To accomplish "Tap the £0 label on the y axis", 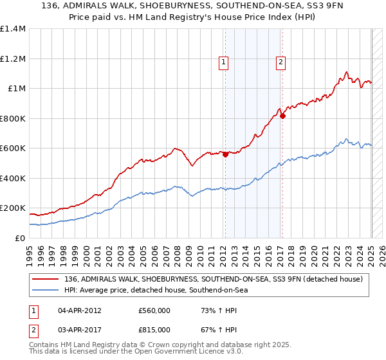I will tap(20, 238).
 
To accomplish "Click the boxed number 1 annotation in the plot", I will tap(224, 62).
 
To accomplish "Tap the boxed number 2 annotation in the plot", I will tap(281, 62).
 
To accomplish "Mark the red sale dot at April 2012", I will tap(226, 154).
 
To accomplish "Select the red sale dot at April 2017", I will tap(282, 116).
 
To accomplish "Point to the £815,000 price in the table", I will tap(154, 328).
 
